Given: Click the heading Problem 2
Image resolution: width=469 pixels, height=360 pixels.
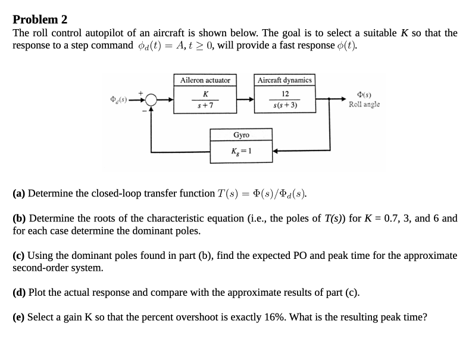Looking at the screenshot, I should pos(40,19).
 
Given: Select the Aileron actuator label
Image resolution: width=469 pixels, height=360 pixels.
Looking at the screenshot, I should pos(205,80).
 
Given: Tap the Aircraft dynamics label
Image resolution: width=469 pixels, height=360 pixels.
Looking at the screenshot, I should pos(284,80).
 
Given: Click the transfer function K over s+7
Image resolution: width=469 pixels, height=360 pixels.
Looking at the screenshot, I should pos(205,99).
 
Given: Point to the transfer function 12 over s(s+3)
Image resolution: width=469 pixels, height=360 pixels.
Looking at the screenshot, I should pos(284,99).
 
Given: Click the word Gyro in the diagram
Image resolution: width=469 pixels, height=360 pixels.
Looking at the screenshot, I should pos(241,135).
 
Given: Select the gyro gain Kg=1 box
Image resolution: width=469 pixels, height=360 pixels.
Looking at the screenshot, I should pos(241,151).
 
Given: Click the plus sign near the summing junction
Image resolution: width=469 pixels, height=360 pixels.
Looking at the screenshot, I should pos(140,92).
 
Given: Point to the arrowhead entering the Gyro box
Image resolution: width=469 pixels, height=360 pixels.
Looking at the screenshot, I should pos(276,151).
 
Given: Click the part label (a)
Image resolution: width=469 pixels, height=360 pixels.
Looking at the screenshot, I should pos(19,193).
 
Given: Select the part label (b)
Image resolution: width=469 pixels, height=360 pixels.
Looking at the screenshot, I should pos(20,218).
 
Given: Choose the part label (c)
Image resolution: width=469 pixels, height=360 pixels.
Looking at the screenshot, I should pos(19,256).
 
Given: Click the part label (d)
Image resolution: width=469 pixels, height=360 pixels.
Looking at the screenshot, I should pos(20,293).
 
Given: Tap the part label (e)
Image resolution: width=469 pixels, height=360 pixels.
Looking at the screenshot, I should pos(19,317).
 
